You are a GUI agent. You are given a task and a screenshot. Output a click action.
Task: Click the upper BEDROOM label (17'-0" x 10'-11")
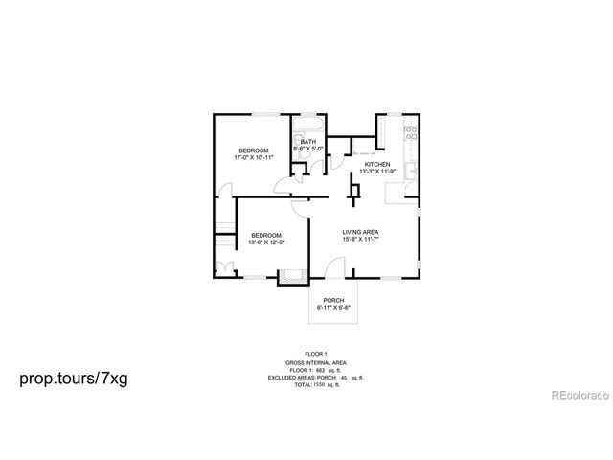point(254,153)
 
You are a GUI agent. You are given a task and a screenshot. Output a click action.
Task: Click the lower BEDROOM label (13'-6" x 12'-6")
point(266,239)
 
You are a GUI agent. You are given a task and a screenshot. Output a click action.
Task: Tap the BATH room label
point(308,145)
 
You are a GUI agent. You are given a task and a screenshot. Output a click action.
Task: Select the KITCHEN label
point(376,168)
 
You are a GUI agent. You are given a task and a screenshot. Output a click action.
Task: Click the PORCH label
point(333,303)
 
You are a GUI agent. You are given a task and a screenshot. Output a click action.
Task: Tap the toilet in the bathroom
point(299,170)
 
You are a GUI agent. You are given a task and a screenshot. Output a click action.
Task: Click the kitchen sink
point(409,170)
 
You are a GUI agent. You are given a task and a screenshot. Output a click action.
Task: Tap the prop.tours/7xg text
point(74,379)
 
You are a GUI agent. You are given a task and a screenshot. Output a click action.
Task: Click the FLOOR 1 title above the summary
point(316,355)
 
